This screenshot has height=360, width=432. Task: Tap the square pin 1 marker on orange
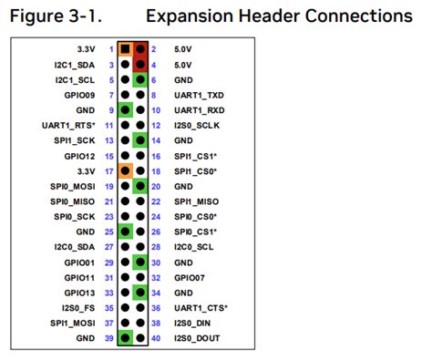[125, 48]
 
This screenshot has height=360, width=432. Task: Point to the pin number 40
[156, 339]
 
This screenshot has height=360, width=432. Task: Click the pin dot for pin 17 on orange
[125, 170]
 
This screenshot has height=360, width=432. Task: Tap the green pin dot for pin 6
[140, 79]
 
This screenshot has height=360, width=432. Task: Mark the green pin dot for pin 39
[125, 339]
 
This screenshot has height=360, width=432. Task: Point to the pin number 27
[109, 247]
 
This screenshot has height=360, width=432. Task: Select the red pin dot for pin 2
[140, 48]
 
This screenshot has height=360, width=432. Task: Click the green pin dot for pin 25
[125, 231]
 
